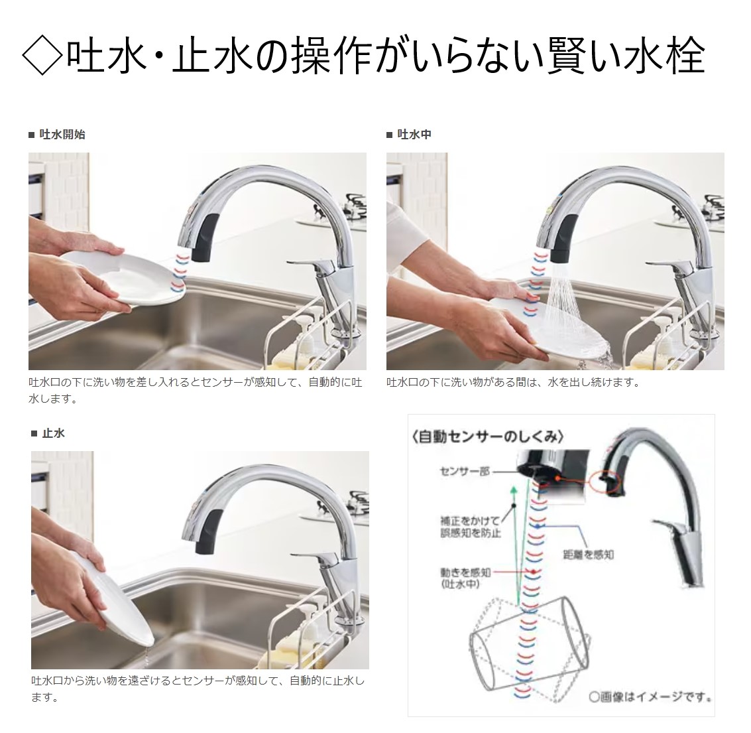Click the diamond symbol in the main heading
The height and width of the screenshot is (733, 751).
(x=42, y=56)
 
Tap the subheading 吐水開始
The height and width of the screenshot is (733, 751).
(x=62, y=135)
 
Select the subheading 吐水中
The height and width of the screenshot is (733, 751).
(x=414, y=135)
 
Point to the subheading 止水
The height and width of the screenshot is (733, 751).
(x=53, y=433)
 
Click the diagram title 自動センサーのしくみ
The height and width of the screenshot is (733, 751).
(x=487, y=436)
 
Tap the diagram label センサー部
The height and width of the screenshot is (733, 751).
(x=465, y=471)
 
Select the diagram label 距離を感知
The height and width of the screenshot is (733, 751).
(x=588, y=555)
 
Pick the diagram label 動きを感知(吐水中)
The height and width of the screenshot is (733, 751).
(x=465, y=578)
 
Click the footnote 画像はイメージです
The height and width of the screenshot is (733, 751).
(x=650, y=696)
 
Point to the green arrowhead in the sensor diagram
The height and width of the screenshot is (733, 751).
(x=514, y=491)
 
